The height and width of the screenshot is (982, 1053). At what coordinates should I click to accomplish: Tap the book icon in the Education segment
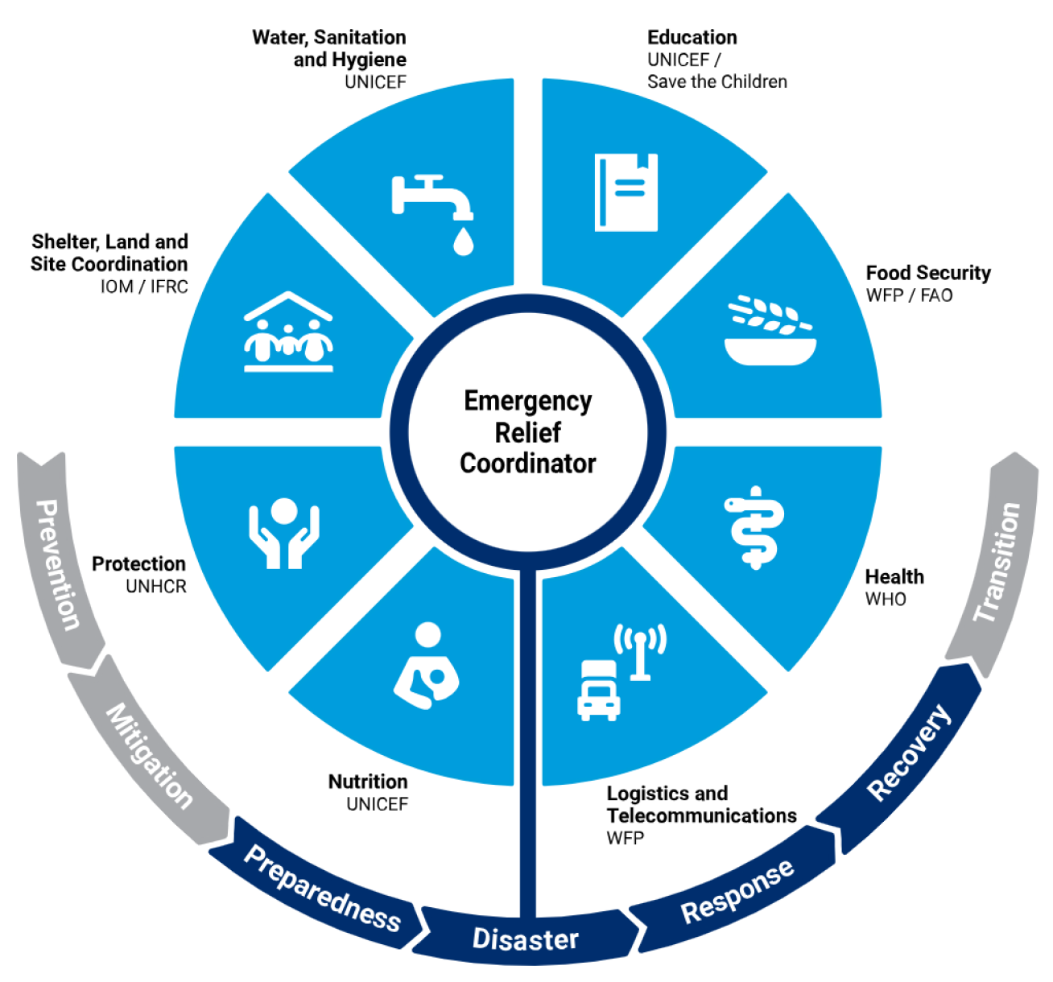point(626,192)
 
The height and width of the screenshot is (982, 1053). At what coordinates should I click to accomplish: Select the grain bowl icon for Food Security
point(770,331)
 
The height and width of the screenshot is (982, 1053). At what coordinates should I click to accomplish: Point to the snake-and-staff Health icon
point(754,528)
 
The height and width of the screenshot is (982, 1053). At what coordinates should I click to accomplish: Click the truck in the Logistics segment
point(598,690)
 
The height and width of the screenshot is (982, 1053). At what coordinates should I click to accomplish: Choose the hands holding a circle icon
point(283,533)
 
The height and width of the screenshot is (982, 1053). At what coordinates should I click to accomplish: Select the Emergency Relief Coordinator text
point(528,432)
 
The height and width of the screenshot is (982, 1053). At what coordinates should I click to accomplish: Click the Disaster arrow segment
point(526,939)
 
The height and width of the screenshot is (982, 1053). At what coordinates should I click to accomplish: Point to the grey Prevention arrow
point(59,563)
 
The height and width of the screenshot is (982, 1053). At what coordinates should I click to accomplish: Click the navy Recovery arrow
point(908,752)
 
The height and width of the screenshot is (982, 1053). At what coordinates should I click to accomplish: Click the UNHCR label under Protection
point(156,587)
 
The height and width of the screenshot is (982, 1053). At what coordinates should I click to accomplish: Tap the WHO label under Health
point(886,599)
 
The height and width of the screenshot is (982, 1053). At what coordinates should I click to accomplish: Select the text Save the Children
point(717,81)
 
